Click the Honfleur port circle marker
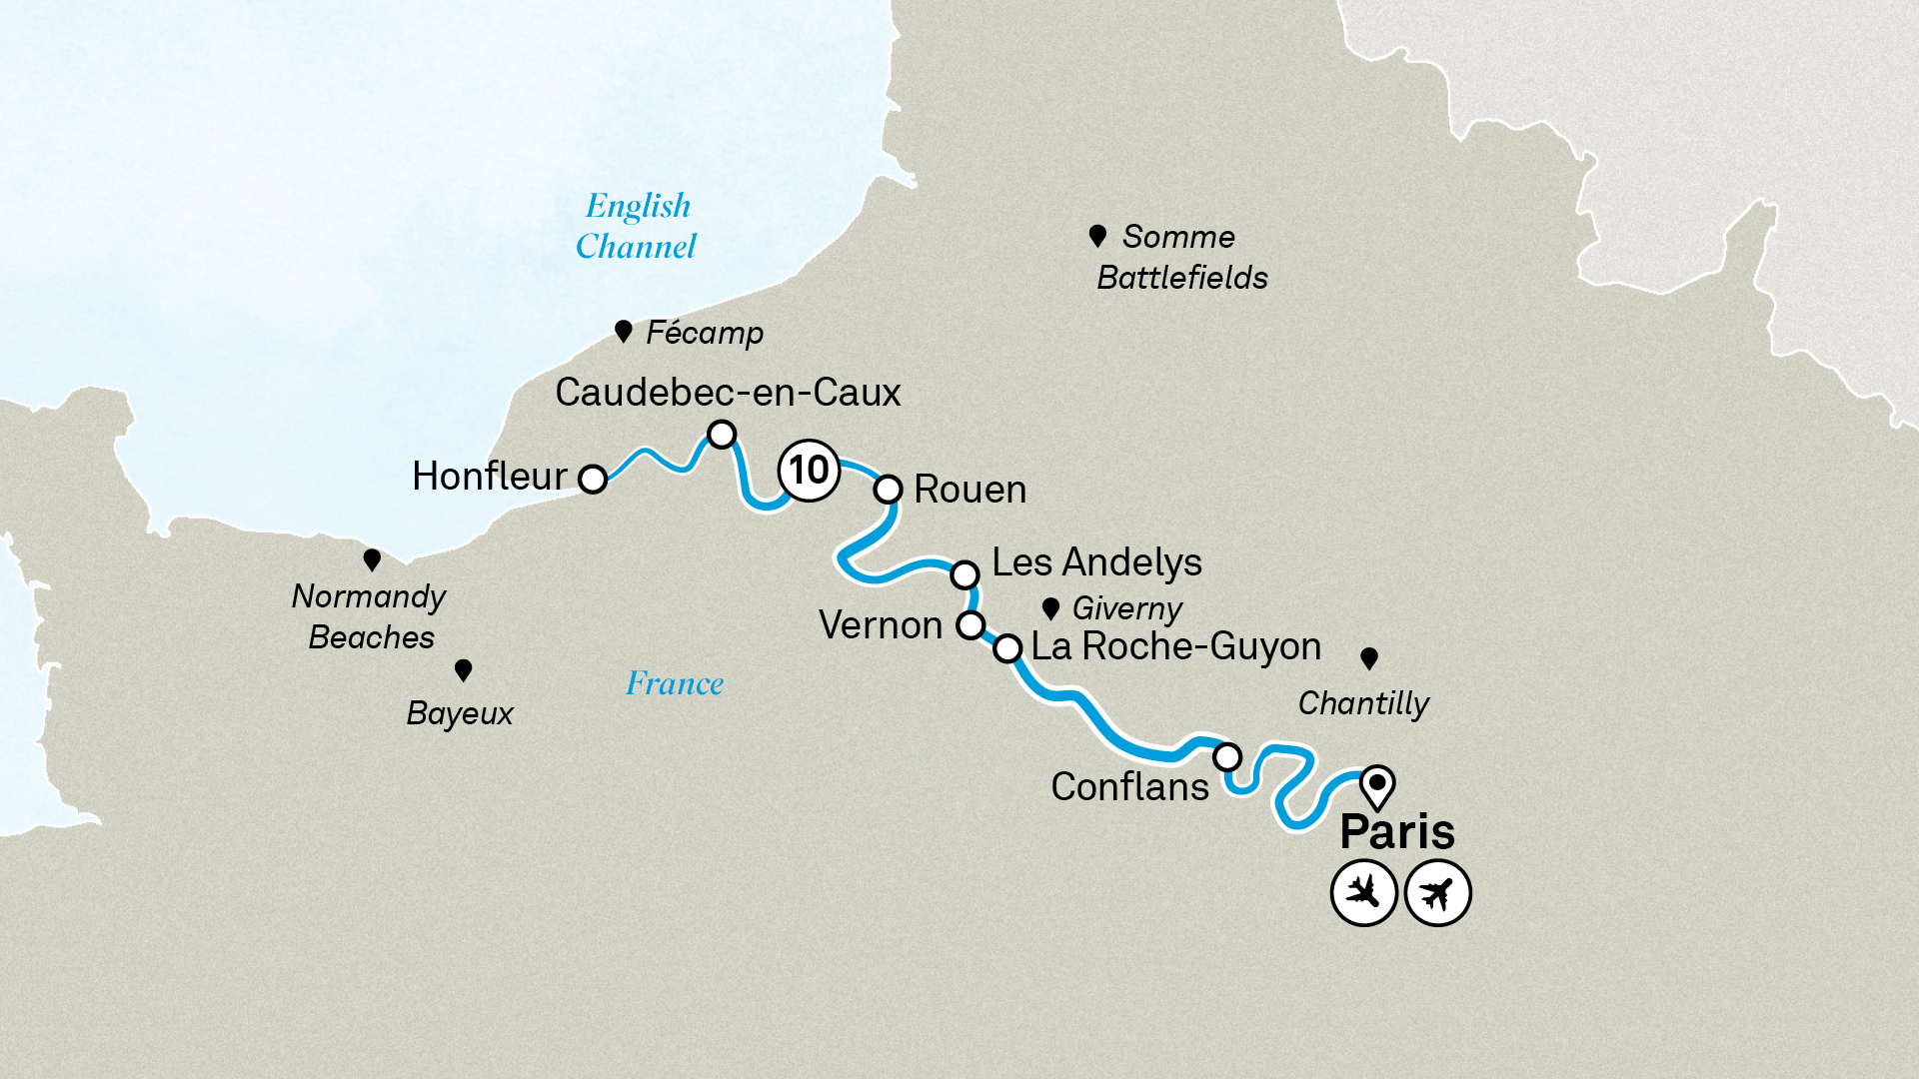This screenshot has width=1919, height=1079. pos(593,480)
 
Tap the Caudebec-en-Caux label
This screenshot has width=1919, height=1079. pos(728,393)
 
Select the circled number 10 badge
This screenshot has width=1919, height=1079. pos(809,470)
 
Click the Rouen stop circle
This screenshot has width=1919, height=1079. pos(888,490)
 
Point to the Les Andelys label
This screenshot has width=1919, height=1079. pos(1096,562)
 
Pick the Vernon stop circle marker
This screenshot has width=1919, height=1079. pos(970,625)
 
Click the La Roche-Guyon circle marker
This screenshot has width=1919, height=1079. pos(1007,648)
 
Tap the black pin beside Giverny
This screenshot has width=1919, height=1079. pos(1050,608)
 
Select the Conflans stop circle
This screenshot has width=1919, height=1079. pos(1227,756)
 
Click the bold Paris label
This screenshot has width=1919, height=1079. pos(1396,831)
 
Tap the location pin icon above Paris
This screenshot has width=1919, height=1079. pos(1377,785)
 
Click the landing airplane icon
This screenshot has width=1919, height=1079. pos(1363,892)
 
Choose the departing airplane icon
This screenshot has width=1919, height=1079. pos(1437,892)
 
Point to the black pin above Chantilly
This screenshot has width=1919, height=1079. pos(1369,657)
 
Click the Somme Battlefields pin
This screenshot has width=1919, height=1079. pos(1097,236)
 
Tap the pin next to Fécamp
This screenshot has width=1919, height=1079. pos(623,331)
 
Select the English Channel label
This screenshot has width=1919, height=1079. pos(637,226)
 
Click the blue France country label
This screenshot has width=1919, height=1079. pos(674,684)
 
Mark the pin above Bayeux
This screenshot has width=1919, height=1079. pos(463,669)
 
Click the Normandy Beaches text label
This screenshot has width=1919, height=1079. pos(369,616)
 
